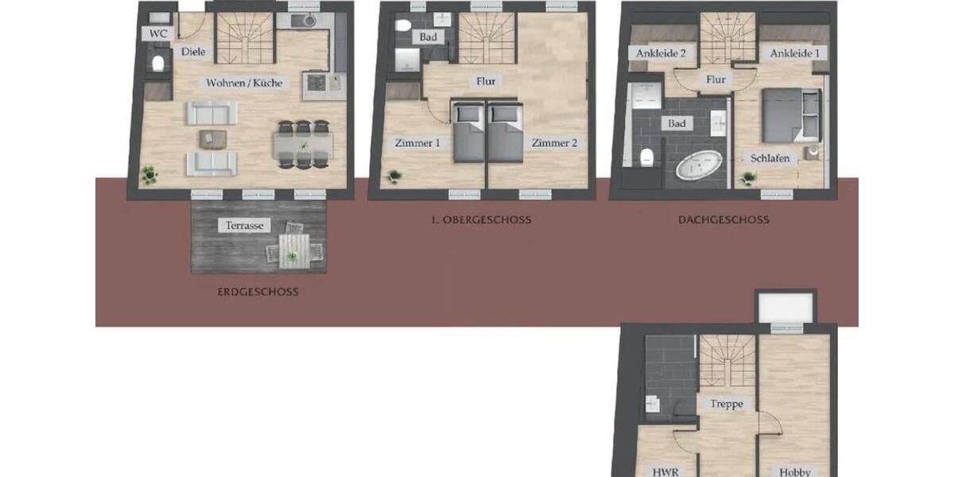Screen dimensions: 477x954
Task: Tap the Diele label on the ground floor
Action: (x=193, y=52)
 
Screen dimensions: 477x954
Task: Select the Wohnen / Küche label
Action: (x=244, y=83)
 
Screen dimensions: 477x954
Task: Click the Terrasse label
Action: (x=244, y=226)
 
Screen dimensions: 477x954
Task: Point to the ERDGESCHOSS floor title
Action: (x=258, y=292)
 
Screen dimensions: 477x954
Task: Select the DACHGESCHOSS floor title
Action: (x=723, y=219)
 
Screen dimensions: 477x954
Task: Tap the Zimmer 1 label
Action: (x=417, y=143)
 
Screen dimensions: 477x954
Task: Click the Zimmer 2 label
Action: (x=553, y=143)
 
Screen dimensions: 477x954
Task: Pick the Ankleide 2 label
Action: (x=661, y=53)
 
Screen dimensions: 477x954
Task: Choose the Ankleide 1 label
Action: (x=793, y=53)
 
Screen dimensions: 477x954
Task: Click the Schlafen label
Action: (x=770, y=158)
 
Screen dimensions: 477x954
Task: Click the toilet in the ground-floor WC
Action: (x=157, y=63)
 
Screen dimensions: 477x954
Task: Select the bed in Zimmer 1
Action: (x=467, y=131)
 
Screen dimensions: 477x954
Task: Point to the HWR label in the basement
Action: (x=665, y=471)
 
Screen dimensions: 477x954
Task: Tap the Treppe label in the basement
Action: (x=727, y=404)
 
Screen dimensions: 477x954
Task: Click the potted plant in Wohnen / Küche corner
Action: (x=148, y=174)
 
